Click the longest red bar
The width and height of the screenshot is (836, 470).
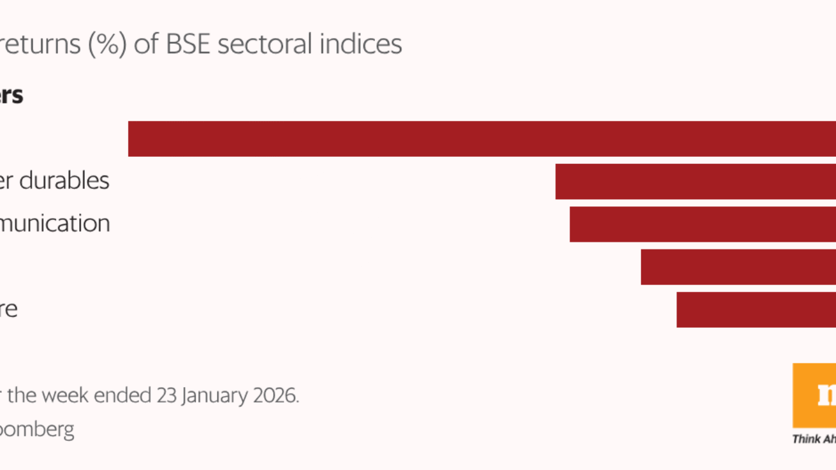tap(482, 139)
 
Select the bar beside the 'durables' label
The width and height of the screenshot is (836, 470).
tap(695, 181)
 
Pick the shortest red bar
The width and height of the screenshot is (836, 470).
tap(756, 310)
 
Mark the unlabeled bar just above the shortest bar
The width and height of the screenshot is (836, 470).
tap(738, 267)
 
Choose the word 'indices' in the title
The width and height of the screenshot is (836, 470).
tap(367, 44)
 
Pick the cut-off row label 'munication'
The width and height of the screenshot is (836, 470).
tap(55, 224)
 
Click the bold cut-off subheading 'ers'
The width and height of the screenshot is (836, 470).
tap(11, 96)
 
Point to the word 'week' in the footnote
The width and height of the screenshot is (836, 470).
tap(63, 395)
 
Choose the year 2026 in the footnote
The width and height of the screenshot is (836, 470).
tap(277, 395)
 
